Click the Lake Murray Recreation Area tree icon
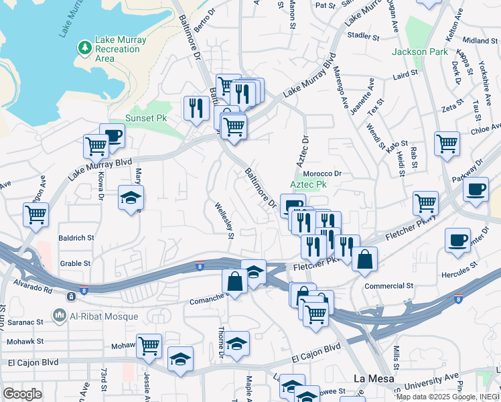tap(84, 47)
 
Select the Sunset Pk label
tap(145, 118)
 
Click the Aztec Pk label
tap(308, 184)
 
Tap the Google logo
tap(22, 394)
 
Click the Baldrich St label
tap(76, 237)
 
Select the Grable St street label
tap(75, 263)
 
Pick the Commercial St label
tap(388, 285)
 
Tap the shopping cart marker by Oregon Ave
tap(35, 214)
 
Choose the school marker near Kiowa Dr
tap(131, 197)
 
